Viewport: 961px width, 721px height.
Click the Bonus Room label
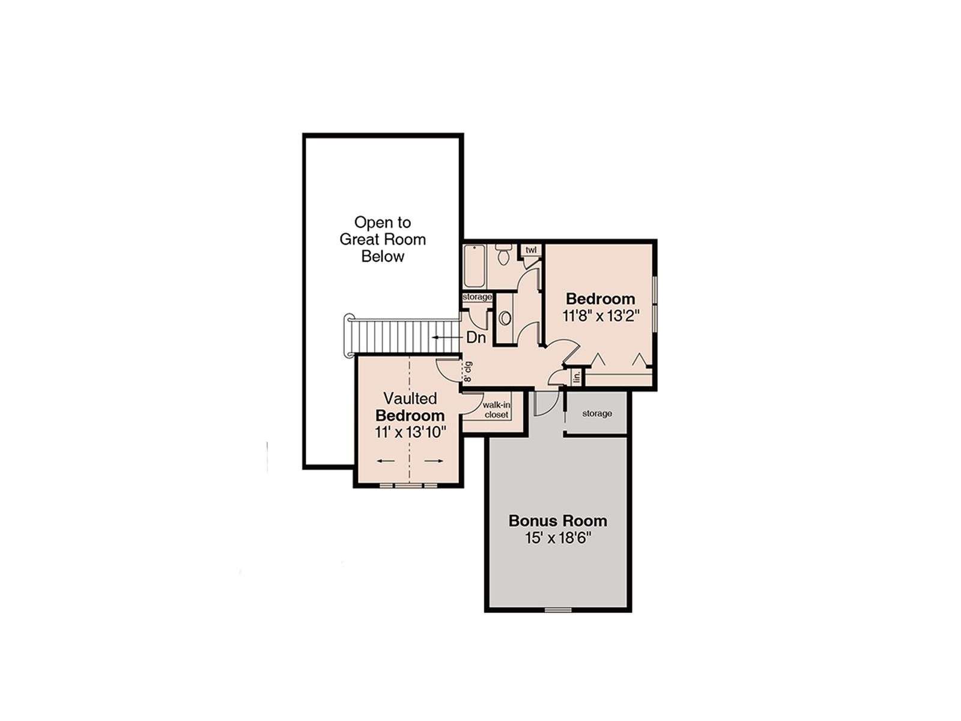click(558, 521)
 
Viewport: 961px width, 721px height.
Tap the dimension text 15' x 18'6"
click(558, 538)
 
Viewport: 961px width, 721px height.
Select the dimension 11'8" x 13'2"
click(600, 316)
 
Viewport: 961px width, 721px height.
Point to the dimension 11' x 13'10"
click(410, 432)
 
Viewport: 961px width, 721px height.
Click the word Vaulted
click(410, 398)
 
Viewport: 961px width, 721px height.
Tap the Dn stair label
click(476, 338)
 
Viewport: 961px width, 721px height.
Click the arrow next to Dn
click(447, 338)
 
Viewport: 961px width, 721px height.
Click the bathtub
click(474, 266)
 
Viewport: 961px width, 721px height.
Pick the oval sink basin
click(505, 318)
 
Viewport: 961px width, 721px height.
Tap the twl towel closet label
click(530, 250)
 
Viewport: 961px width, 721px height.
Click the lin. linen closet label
click(577, 377)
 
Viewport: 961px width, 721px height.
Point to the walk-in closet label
click(497, 410)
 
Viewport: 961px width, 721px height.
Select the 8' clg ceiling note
click(467, 371)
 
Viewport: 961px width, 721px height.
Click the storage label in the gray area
click(597, 413)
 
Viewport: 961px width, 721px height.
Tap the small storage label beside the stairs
click(477, 297)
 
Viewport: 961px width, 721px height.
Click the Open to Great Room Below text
click(383, 240)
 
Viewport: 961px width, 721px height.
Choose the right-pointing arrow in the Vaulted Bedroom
click(434, 460)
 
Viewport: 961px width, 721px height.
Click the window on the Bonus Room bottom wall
click(558, 610)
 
